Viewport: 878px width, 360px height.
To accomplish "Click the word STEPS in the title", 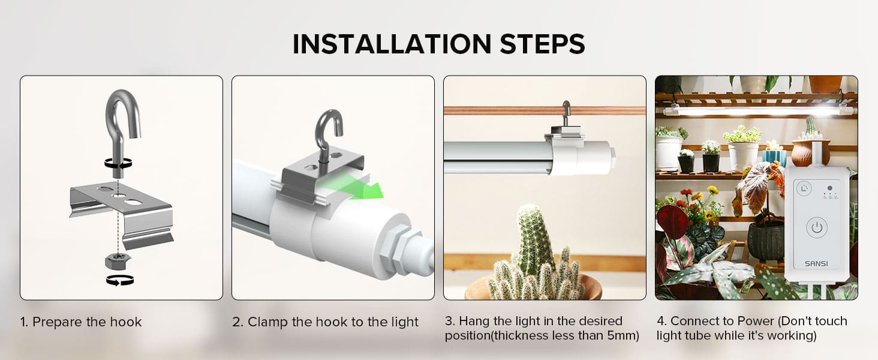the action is point(543,44).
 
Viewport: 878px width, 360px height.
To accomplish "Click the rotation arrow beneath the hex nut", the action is point(120,280).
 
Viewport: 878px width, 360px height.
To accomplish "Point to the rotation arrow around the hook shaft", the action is point(118,163).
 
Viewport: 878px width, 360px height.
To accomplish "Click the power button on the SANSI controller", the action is point(817,227).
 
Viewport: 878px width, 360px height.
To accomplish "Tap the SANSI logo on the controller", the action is point(816,263).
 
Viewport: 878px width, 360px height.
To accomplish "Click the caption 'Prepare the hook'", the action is point(86,322).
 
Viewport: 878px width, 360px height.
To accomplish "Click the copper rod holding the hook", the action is point(545,110).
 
